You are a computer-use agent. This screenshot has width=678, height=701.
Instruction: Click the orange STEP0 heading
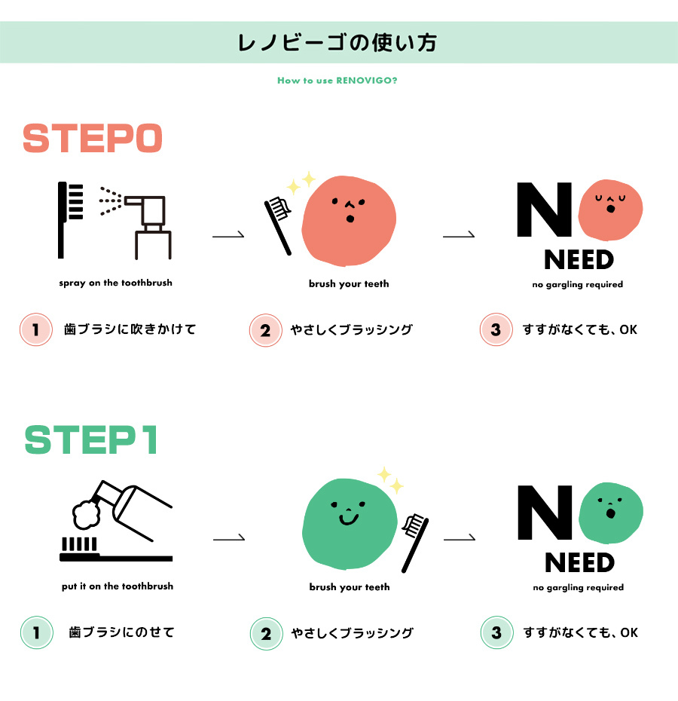click(93, 138)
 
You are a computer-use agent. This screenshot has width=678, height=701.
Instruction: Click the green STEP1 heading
click(91, 440)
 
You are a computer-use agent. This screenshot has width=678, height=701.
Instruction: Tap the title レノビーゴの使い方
click(337, 43)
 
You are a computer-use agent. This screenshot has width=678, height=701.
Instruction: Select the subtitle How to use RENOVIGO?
click(337, 81)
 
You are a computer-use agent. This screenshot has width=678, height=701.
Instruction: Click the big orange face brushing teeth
click(349, 220)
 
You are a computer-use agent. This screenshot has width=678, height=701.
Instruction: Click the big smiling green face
click(350, 524)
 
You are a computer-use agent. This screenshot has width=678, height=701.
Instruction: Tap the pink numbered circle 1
click(36, 329)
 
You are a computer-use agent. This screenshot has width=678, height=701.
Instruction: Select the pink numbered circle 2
click(266, 330)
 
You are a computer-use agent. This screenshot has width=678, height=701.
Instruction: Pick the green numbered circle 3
click(496, 632)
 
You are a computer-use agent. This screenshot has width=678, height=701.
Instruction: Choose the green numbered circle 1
click(37, 632)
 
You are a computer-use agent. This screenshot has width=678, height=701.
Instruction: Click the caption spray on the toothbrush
click(116, 283)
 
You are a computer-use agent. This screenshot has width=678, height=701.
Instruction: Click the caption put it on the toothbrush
click(118, 586)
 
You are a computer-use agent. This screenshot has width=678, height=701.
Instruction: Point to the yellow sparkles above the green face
click(390, 479)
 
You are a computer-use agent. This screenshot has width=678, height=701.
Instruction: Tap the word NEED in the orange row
click(579, 260)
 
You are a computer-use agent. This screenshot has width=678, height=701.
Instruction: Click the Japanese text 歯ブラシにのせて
click(121, 632)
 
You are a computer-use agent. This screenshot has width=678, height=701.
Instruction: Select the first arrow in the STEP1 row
click(229, 539)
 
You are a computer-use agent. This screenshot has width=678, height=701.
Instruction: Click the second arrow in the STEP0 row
click(459, 235)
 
